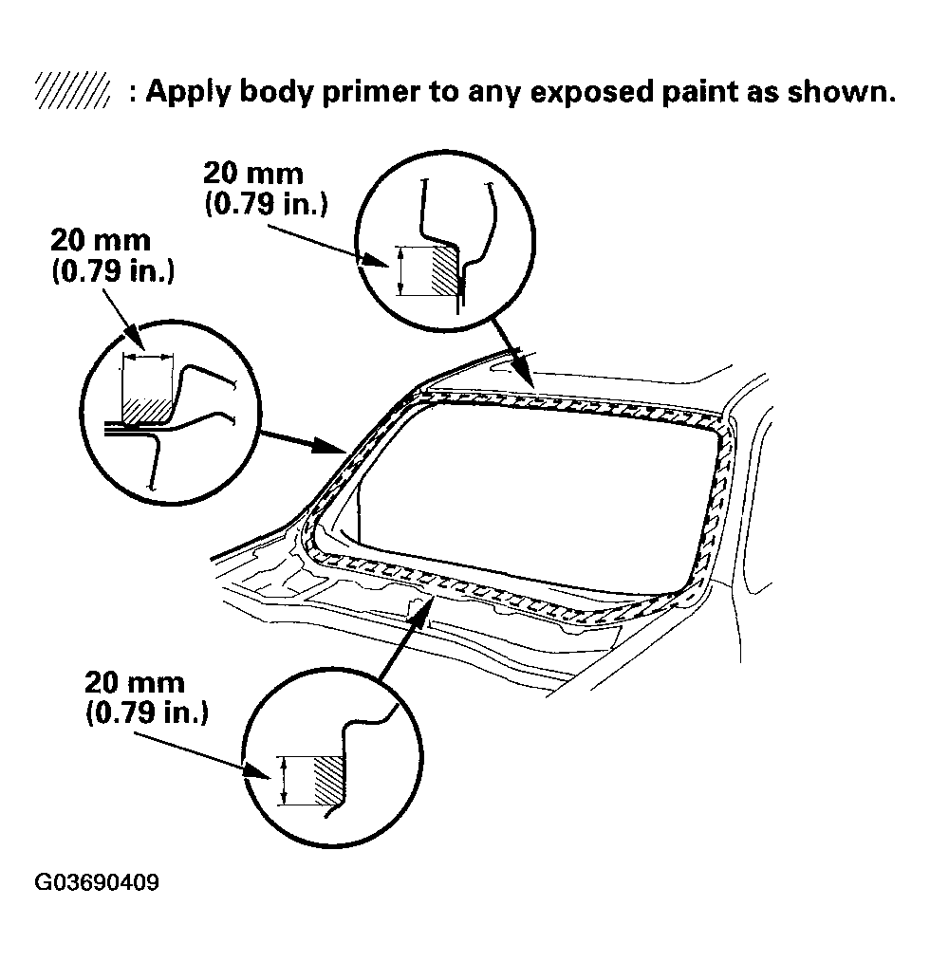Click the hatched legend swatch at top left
click(72, 91)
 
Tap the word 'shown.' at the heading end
click(841, 92)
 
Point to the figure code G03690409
click(97, 882)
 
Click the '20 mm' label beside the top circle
click(253, 174)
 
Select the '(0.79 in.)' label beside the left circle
click(113, 270)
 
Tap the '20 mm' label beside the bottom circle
click(134, 682)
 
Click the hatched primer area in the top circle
click(445, 268)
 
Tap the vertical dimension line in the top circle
click(400, 270)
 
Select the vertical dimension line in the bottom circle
click(284, 781)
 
